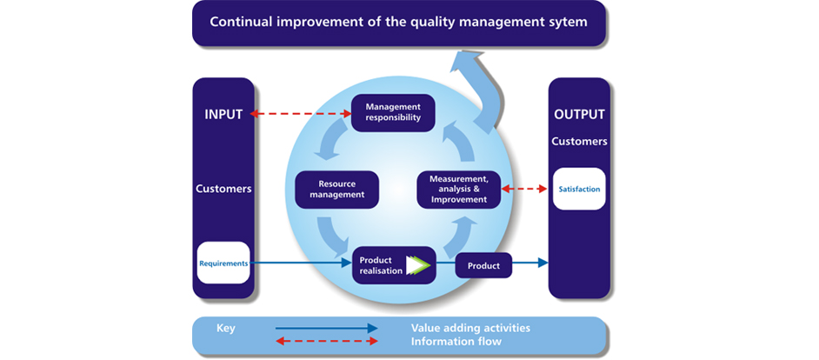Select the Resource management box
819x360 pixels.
[336, 190]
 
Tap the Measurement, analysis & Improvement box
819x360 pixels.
[459, 190]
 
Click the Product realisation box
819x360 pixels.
[381, 265]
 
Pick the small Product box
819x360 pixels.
[483, 265]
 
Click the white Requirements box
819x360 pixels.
[223, 263]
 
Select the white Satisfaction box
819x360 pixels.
[579, 189]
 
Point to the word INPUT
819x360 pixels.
[223, 114]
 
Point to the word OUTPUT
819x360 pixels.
[579, 114]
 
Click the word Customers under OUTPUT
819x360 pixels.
[579, 141]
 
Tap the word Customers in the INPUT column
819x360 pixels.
[223, 188]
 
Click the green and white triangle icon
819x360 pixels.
[419, 264]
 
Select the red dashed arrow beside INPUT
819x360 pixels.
[301, 114]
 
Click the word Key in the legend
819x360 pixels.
[226, 329]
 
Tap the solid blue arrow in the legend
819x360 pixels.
[326, 329]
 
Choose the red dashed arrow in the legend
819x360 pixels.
[326, 342]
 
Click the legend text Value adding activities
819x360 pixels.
[470, 328]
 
